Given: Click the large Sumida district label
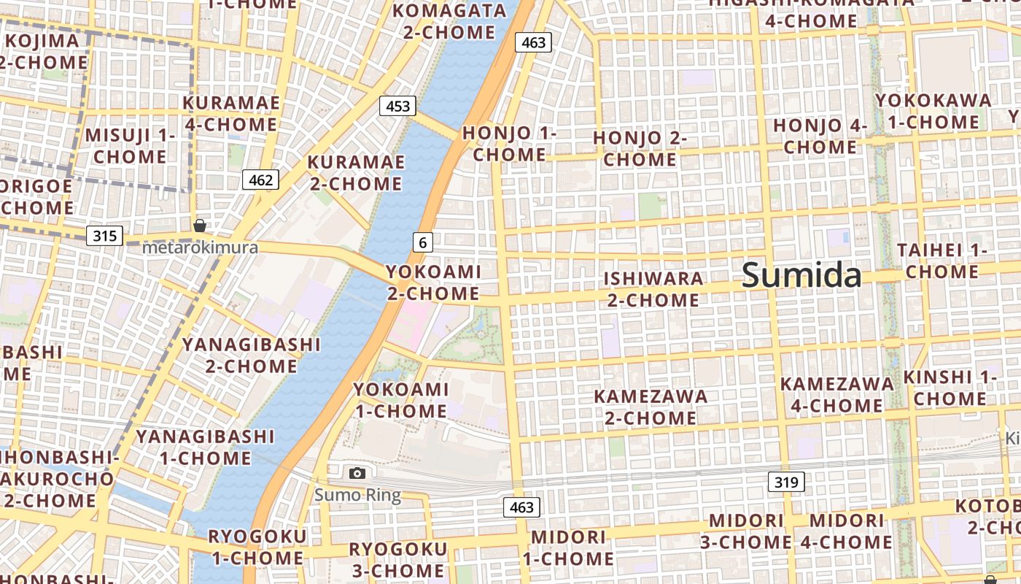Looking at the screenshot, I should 801,276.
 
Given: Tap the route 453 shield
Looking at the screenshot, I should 397,106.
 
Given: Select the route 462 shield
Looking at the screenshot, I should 260,180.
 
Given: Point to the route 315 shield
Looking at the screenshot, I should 105,236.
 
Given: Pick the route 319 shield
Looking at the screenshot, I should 786,482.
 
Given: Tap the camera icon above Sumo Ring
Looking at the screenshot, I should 357,473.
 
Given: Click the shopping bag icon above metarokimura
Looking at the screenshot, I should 199,226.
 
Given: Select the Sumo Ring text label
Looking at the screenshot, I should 357,496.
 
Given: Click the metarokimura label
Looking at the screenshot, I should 200,247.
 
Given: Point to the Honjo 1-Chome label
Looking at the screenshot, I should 509,144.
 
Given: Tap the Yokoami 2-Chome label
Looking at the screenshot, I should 433,283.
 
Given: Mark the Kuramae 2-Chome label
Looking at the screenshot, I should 356,173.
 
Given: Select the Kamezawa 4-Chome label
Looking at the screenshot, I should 836,394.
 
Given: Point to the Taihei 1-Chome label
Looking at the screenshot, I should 942,261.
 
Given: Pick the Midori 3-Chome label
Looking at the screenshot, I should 746,531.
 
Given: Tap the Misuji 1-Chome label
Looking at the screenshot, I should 131,146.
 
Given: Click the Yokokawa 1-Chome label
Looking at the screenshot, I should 933,111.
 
